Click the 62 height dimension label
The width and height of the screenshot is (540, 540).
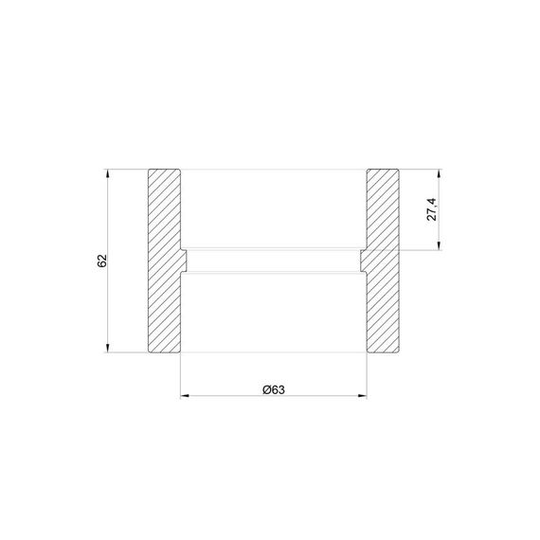point(101,261)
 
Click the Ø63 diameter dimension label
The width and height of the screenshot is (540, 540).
point(273,388)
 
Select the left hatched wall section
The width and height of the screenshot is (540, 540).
point(163,261)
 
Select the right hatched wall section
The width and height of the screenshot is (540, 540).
point(381,261)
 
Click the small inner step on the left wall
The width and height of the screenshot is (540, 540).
point(184,258)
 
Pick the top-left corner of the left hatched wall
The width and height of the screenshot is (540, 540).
point(149,171)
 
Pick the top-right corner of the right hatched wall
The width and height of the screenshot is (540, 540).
point(398,171)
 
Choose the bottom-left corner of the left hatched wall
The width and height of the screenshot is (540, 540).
point(149,352)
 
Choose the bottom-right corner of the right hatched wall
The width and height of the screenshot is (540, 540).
point(398,352)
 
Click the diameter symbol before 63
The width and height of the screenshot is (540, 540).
point(264,388)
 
